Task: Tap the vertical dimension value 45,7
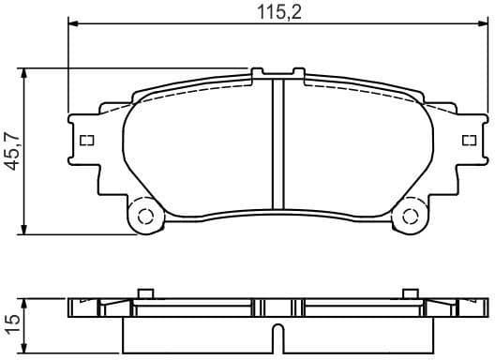13,150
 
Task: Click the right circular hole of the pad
411,217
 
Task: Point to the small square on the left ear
88,141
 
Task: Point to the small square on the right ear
470,141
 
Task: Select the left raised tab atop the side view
144,293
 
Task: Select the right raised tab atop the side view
409,293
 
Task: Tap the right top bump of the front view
298,70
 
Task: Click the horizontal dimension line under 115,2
187,25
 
